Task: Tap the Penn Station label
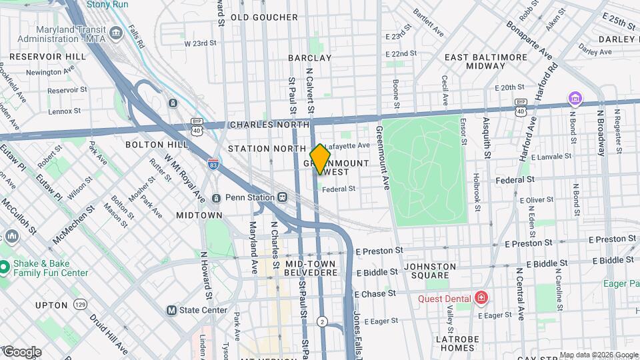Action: click(x=249, y=197)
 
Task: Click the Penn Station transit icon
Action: click(x=283, y=197)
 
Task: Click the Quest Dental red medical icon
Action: click(x=481, y=298)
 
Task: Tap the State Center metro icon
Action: click(x=171, y=310)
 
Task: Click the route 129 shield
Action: click(x=81, y=304)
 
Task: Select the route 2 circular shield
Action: click(x=323, y=321)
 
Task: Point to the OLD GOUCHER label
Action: click(x=264, y=17)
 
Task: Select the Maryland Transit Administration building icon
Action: click(x=116, y=33)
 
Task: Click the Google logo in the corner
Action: click(x=21, y=352)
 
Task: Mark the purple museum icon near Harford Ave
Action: click(x=575, y=99)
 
